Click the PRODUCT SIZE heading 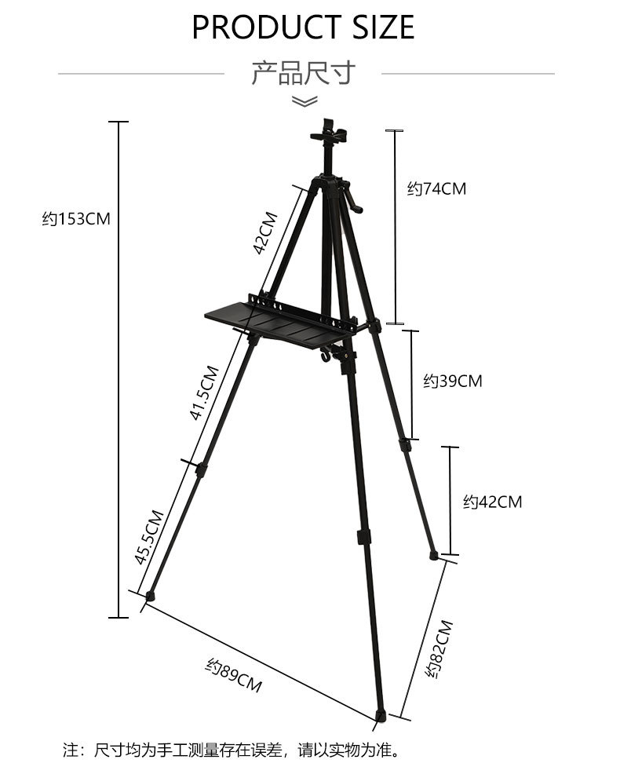click(303, 27)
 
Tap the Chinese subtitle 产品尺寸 click(303, 73)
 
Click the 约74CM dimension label click(436, 188)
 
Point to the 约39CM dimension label click(453, 382)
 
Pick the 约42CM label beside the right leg click(492, 502)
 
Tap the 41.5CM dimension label click(202, 392)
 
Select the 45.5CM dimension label click(149, 538)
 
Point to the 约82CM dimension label click(439, 649)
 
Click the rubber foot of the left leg click(149, 596)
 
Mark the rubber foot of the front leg click(381, 715)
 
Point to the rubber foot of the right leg click(434, 555)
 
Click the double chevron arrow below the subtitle click(304, 101)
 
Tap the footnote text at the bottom click(232, 750)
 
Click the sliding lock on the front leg click(363, 538)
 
